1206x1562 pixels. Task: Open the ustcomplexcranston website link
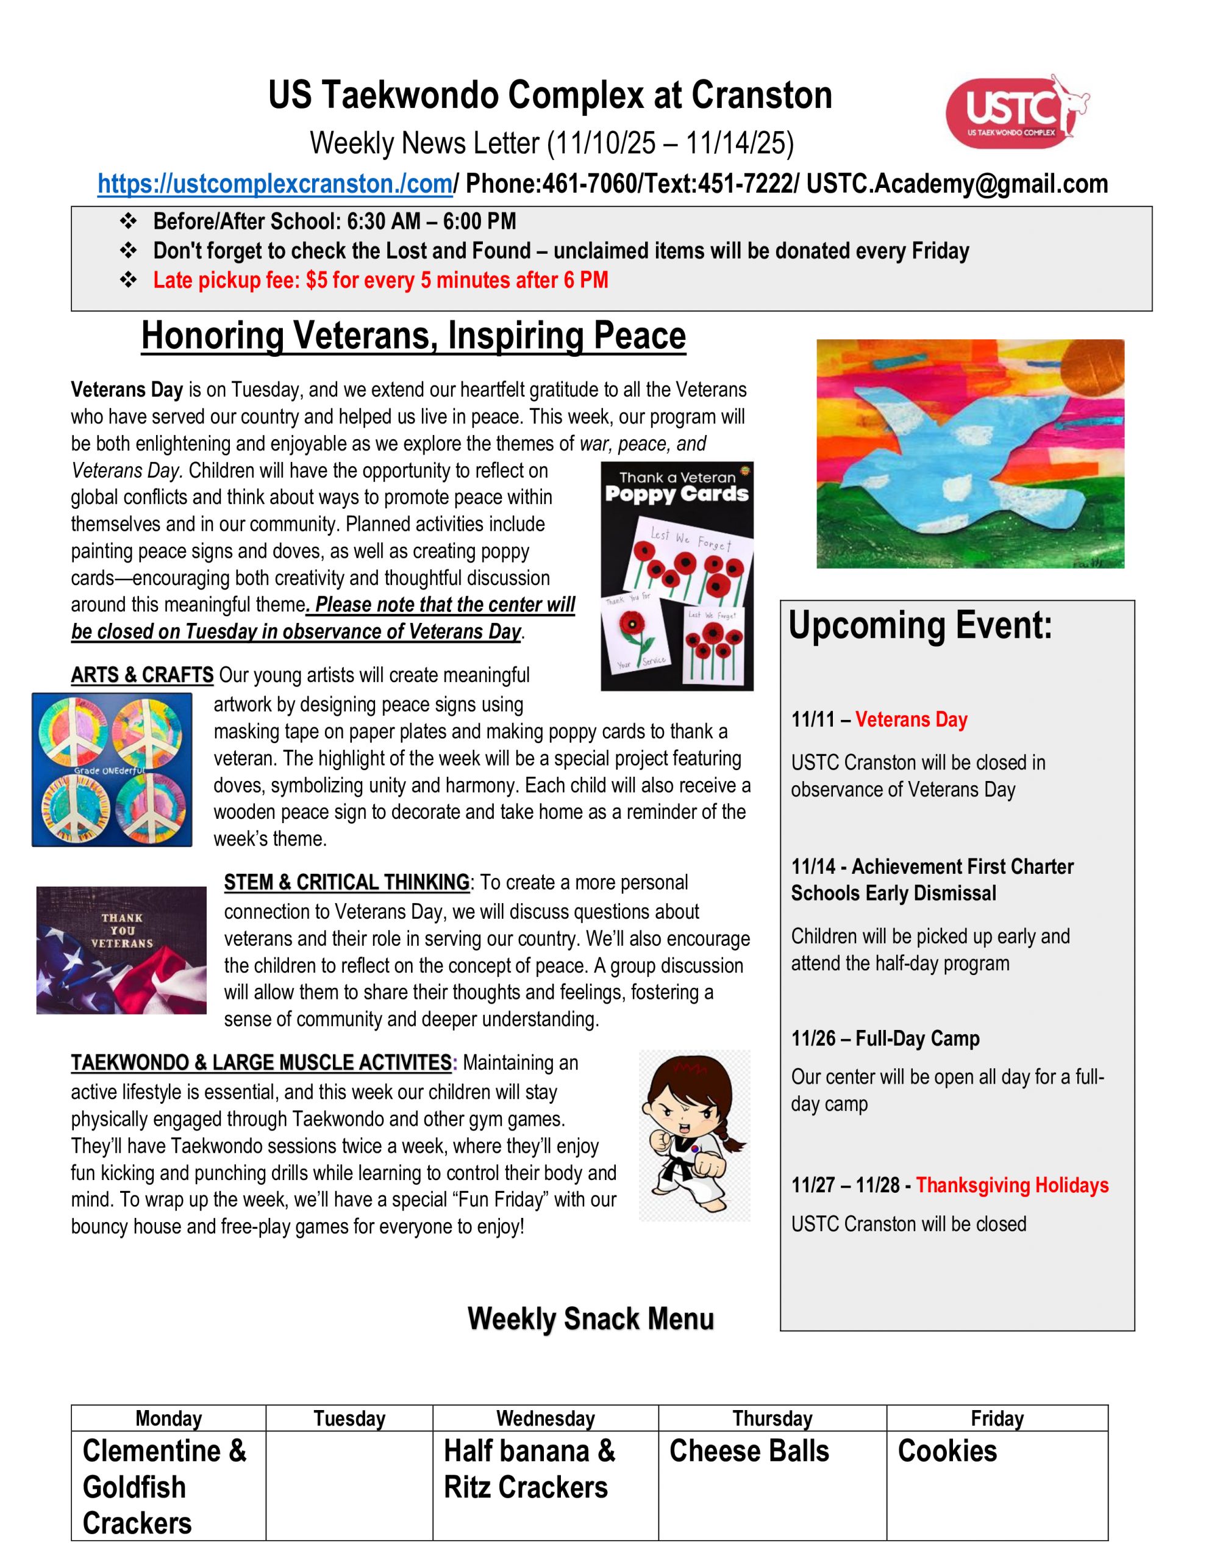pyautogui.click(x=275, y=184)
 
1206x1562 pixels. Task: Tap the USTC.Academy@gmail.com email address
pyautogui.click(x=957, y=184)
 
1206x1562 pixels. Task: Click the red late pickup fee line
pyautogui.click(x=380, y=280)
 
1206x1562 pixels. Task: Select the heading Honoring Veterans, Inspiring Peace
pyautogui.click(x=413, y=336)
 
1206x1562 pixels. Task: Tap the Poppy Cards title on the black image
pyautogui.click(x=676, y=494)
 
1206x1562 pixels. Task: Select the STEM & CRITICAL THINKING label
pyautogui.click(x=347, y=882)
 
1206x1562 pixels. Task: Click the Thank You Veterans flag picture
pyautogui.click(x=121, y=950)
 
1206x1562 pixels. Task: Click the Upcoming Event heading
pyautogui.click(x=920, y=626)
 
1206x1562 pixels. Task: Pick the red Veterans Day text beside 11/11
pyautogui.click(x=911, y=719)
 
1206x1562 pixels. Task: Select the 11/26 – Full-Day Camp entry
pyautogui.click(x=885, y=1038)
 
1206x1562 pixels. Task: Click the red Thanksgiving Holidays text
pyautogui.click(x=1012, y=1185)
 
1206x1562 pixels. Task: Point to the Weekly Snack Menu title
pyautogui.click(x=590, y=1319)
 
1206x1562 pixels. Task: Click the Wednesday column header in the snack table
pyautogui.click(x=546, y=1418)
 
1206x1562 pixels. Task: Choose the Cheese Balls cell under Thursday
pyautogui.click(x=749, y=1451)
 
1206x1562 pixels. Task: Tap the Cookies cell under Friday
pyautogui.click(x=947, y=1451)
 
